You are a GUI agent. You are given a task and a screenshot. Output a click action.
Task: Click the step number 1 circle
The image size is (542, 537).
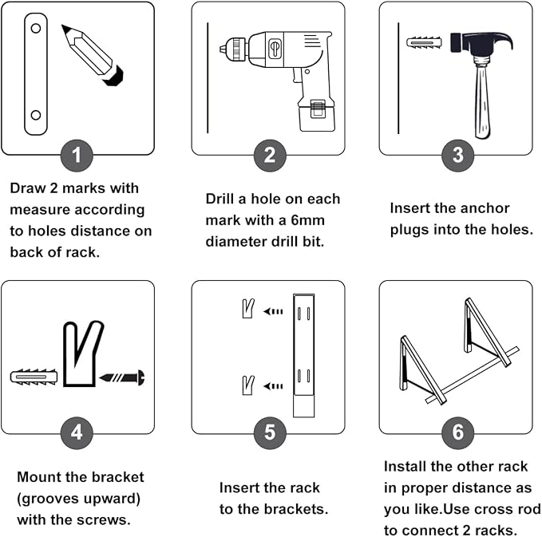coord(77,156)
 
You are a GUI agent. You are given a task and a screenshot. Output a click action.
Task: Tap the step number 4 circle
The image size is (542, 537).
coord(77,432)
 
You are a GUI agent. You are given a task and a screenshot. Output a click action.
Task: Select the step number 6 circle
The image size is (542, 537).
coord(458,432)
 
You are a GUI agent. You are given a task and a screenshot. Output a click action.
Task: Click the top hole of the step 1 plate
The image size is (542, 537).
coord(36,29)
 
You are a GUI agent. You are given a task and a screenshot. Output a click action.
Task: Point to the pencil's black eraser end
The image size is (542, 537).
coord(113,76)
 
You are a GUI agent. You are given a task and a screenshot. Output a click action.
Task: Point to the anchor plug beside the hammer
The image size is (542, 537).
coord(425,43)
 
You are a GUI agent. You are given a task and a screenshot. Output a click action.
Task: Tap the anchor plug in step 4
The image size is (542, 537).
coord(34,377)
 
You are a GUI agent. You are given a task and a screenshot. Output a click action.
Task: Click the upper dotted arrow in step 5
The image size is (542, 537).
coord(273,311)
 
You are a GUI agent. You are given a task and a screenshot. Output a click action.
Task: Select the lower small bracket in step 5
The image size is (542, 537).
coord(247,385)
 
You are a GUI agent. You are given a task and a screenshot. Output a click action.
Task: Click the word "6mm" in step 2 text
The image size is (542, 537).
coord(307,220)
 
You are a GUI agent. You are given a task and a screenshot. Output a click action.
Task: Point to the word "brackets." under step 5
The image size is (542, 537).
coord(295,509)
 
